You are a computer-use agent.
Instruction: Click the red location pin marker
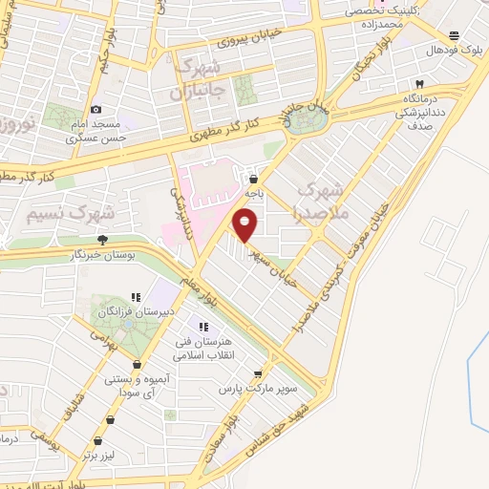pyautogui.click(x=245, y=225)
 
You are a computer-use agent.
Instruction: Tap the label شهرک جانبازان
pyautogui.click(x=202, y=79)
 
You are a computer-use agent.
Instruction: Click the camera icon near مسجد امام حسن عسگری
pyautogui.click(x=96, y=111)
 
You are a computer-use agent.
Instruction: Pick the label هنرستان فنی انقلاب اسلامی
pyautogui.click(x=196, y=347)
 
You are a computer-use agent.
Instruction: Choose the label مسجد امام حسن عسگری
pyautogui.click(x=96, y=132)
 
